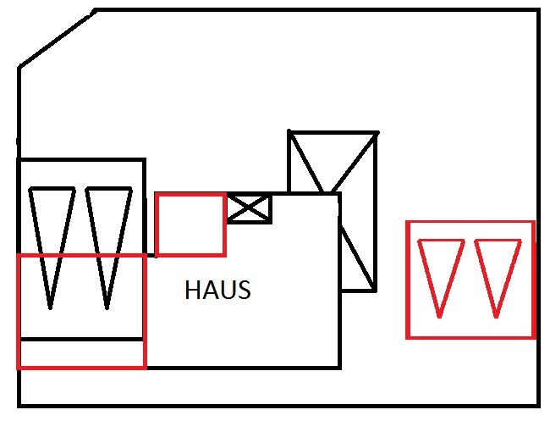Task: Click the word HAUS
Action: tap(217, 291)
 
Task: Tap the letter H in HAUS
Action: tap(192, 291)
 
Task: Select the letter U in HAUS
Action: tap(227, 291)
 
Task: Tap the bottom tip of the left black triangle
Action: tap(51, 307)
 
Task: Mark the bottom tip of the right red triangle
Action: tap(497, 317)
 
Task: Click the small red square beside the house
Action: tap(190, 224)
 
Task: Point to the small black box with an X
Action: tap(249, 208)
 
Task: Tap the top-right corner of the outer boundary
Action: tap(539, 10)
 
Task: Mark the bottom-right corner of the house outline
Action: tap(339, 368)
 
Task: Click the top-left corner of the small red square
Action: tap(157, 195)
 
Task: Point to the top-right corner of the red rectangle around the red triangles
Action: tap(533, 222)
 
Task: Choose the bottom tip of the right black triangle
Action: tap(107, 307)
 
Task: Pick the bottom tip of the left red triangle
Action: tap(440, 317)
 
